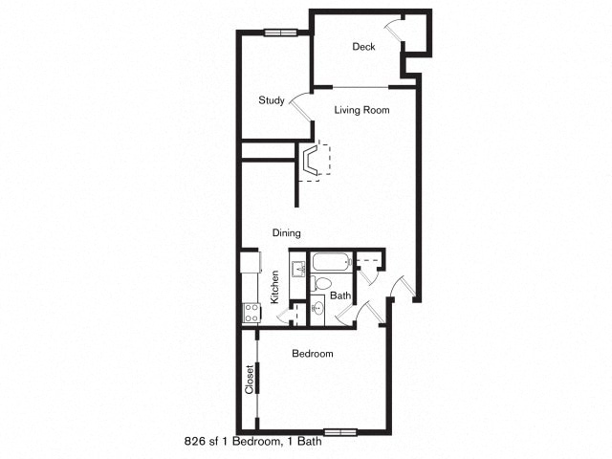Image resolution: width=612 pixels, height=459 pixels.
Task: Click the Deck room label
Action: pyautogui.click(x=363, y=47)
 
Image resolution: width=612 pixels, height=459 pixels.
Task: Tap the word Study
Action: pyautogui.click(x=272, y=100)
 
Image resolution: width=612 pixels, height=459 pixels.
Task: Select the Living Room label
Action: pyautogui.click(x=361, y=110)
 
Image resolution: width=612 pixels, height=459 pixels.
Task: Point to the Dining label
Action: pyautogui.click(x=287, y=233)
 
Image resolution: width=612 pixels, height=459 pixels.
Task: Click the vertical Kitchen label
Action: pyautogui.click(x=275, y=287)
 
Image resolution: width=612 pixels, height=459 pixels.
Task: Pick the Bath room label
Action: pyautogui.click(x=340, y=295)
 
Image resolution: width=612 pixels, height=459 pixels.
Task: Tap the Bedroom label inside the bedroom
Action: pyautogui.click(x=313, y=354)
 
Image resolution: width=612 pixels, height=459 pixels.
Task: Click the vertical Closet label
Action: pyautogui.click(x=250, y=380)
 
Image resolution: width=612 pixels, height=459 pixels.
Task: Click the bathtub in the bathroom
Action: pyautogui.click(x=330, y=262)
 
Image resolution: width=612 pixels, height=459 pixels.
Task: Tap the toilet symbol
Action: pyautogui.click(x=320, y=283)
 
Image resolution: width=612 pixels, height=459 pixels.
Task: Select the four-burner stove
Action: pyautogui.click(x=251, y=313)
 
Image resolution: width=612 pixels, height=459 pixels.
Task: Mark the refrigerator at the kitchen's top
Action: pyautogui.click(x=251, y=262)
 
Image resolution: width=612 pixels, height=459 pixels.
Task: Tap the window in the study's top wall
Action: pyautogui.click(x=280, y=33)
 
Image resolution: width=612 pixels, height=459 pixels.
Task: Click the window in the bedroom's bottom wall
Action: pyautogui.click(x=340, y=432)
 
